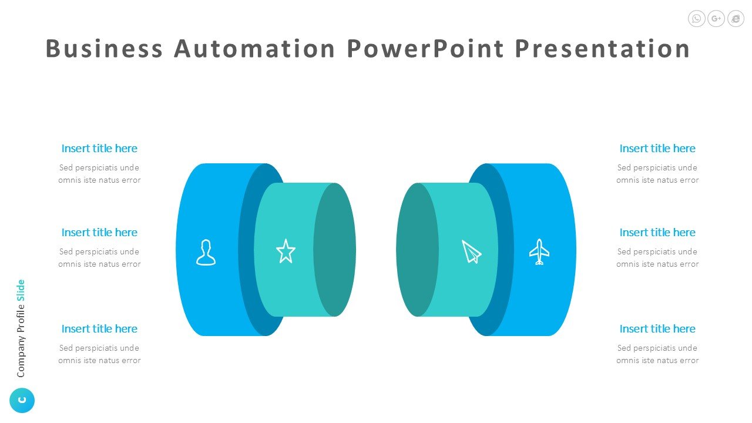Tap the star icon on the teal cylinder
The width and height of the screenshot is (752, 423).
coord(286,251)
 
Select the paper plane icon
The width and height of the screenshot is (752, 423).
coord(471,252)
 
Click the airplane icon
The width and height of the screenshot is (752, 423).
coord(539,252)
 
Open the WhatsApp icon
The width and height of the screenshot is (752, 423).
coord(697,18)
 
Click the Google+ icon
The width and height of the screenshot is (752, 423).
coord(716,18)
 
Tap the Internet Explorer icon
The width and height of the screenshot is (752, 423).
coord(736,18)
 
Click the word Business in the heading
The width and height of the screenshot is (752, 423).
coord(104,48)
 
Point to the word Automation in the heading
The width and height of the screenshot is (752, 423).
coord(254,48)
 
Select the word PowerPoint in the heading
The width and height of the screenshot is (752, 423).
coord(425,48)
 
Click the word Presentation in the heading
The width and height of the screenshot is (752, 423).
coord(602,48)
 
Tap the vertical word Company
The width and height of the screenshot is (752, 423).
coord(21,356)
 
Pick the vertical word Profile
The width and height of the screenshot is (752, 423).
coord(21,318)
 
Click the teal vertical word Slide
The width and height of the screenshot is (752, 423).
coord(21,290)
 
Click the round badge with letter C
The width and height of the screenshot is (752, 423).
coord(22,400)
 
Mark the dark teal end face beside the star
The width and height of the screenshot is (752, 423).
coord(334,250)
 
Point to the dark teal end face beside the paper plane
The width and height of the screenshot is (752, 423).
coord(417,250)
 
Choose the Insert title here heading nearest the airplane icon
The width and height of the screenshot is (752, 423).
coord(657,232)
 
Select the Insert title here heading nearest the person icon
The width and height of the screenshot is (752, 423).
coord(99,232)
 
